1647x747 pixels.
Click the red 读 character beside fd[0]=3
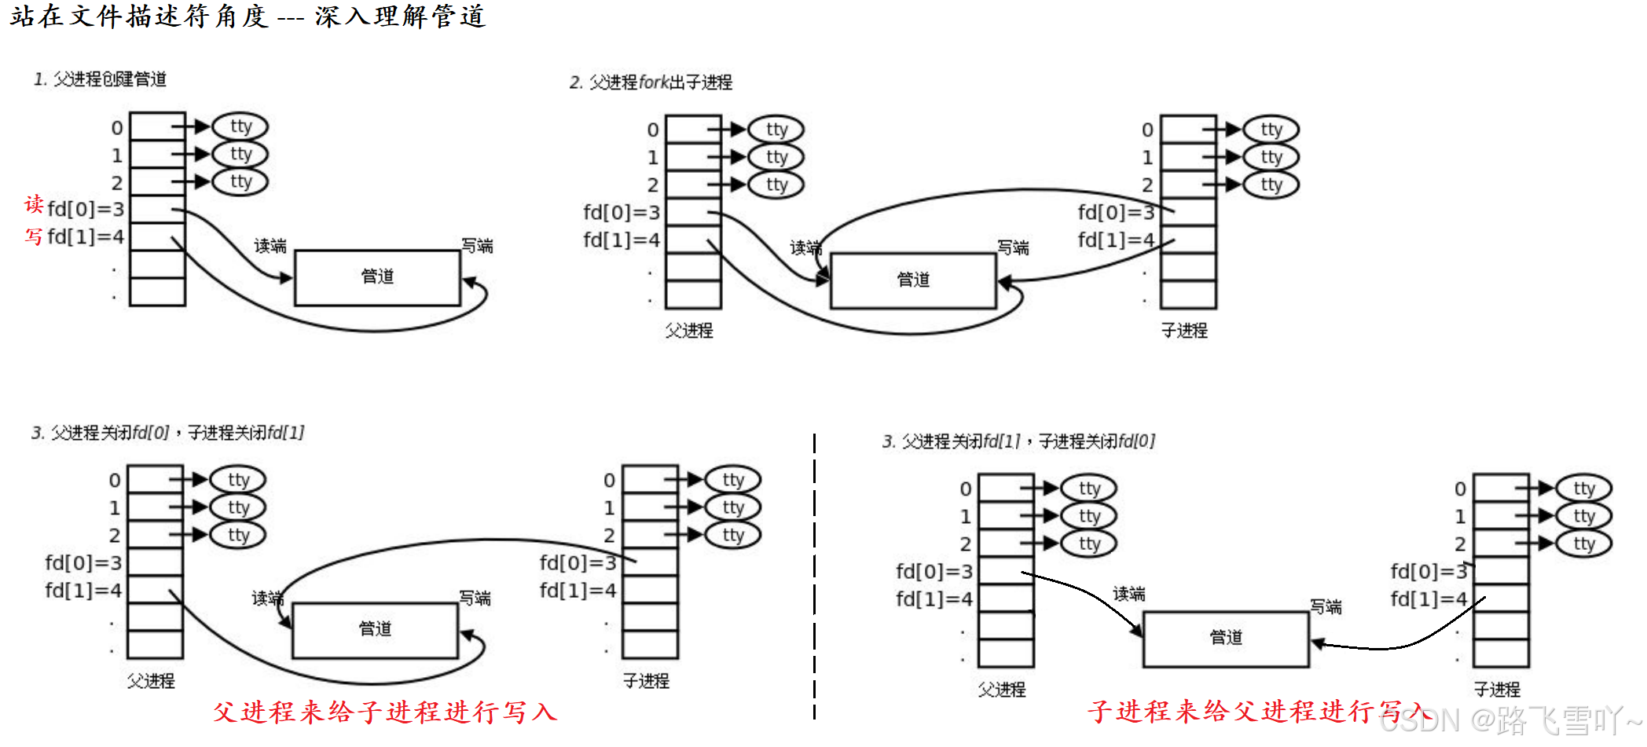coord(34,205)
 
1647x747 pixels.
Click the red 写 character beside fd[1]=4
coord(34,236)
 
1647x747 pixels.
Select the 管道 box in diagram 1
coord(377,277)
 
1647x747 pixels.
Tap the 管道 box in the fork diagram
coord(913,280)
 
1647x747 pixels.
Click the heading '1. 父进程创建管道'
coord(100,79)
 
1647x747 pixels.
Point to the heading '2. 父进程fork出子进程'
coord(651,82)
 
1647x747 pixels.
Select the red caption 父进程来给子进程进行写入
coord(385,712)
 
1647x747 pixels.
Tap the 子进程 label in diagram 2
coord(1184,331)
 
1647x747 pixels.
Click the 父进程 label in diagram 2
coord(689,331)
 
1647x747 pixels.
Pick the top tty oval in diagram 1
coord(240,126)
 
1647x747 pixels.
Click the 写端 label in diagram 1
coord(477,246)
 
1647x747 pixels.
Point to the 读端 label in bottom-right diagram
coord(1129,594)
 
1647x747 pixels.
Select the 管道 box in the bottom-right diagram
coord(1226,639)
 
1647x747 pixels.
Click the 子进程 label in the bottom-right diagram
coord(1497,690)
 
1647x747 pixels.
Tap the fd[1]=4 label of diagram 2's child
coord(1116,240)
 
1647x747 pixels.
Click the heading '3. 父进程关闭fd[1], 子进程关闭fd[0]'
coord(1018,441)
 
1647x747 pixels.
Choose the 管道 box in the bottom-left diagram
coord(375,630)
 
